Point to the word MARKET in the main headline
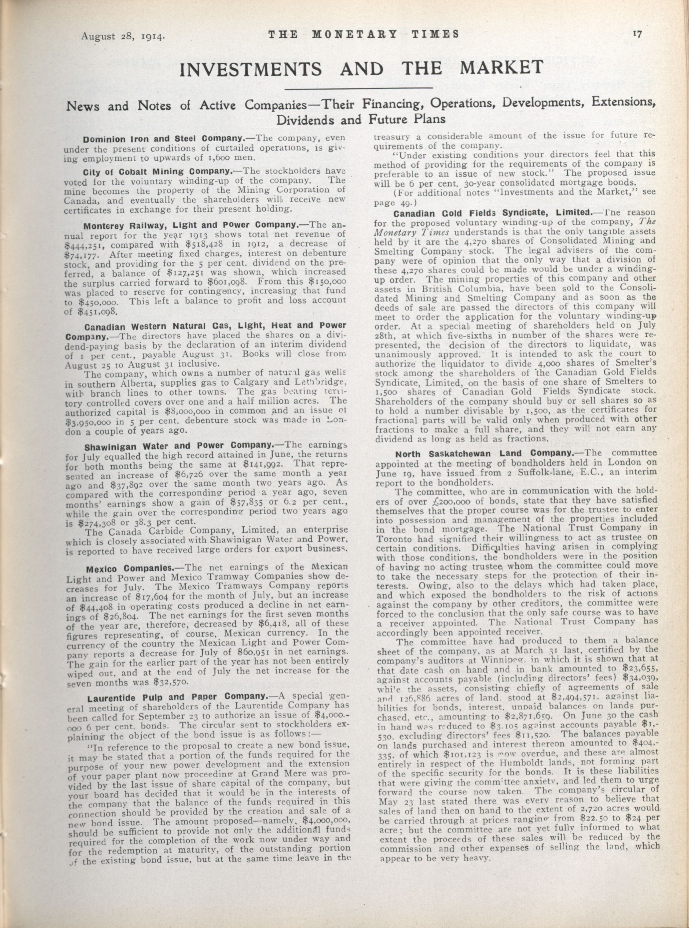tap(496, 68)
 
